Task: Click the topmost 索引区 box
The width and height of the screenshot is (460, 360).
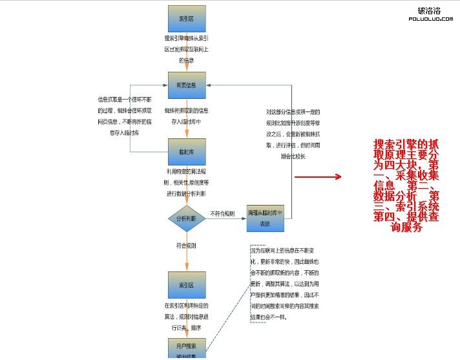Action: (x=187, y=19)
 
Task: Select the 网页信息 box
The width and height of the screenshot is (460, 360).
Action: (x=187, y=85)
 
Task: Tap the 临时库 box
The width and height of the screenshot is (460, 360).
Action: (x=187, y=152)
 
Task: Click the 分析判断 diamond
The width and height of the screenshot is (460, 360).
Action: (x=187, y=218)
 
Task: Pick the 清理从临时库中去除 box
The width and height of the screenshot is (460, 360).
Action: (x=265, y=218)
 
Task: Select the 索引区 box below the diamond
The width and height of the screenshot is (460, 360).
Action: (x=187, y=284)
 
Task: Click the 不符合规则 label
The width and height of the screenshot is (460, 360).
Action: (x=222, y=213)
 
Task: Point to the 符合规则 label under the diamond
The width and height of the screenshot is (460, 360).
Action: (x=187, y=246)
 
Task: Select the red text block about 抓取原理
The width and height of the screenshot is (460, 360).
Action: (x=406, y=186)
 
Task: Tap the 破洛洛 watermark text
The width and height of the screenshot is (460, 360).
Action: (x=430, y=10)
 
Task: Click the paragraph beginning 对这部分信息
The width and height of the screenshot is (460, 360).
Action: (x=293, y=133)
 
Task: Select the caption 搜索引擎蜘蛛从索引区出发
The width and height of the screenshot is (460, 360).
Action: (x=187, y=48)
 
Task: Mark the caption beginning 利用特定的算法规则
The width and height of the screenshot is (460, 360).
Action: (x=187, y=183)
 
